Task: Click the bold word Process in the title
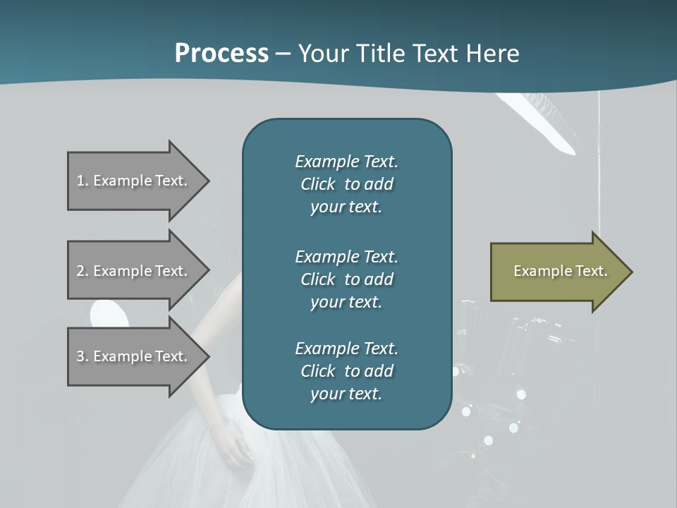[221, 54]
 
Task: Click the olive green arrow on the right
[557, 272]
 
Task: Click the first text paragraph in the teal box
[346, 184]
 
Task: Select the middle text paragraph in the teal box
[346, 279]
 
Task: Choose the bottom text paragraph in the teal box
[346, 371]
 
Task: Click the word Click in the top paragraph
[318, 184]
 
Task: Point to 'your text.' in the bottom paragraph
[346, 394]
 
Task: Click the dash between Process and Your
[283, 54]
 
